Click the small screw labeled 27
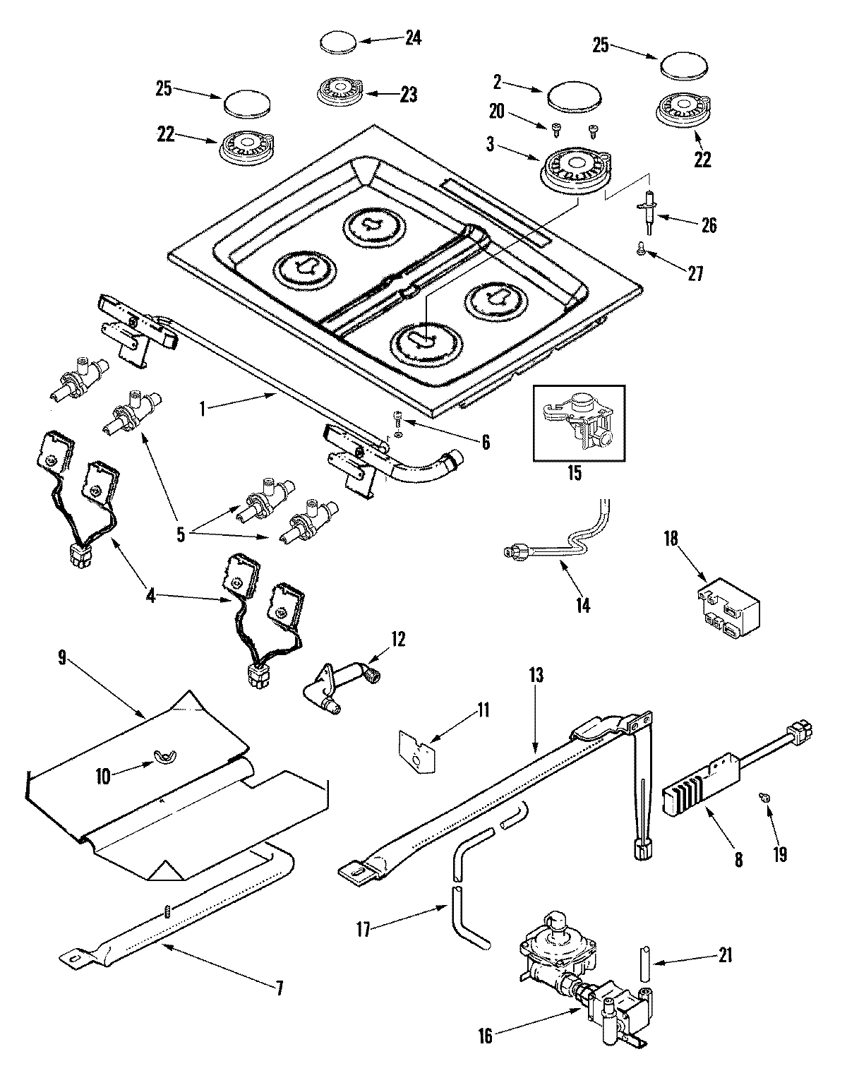point(642,248)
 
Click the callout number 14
point(583,604)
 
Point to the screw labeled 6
point(398,420)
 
